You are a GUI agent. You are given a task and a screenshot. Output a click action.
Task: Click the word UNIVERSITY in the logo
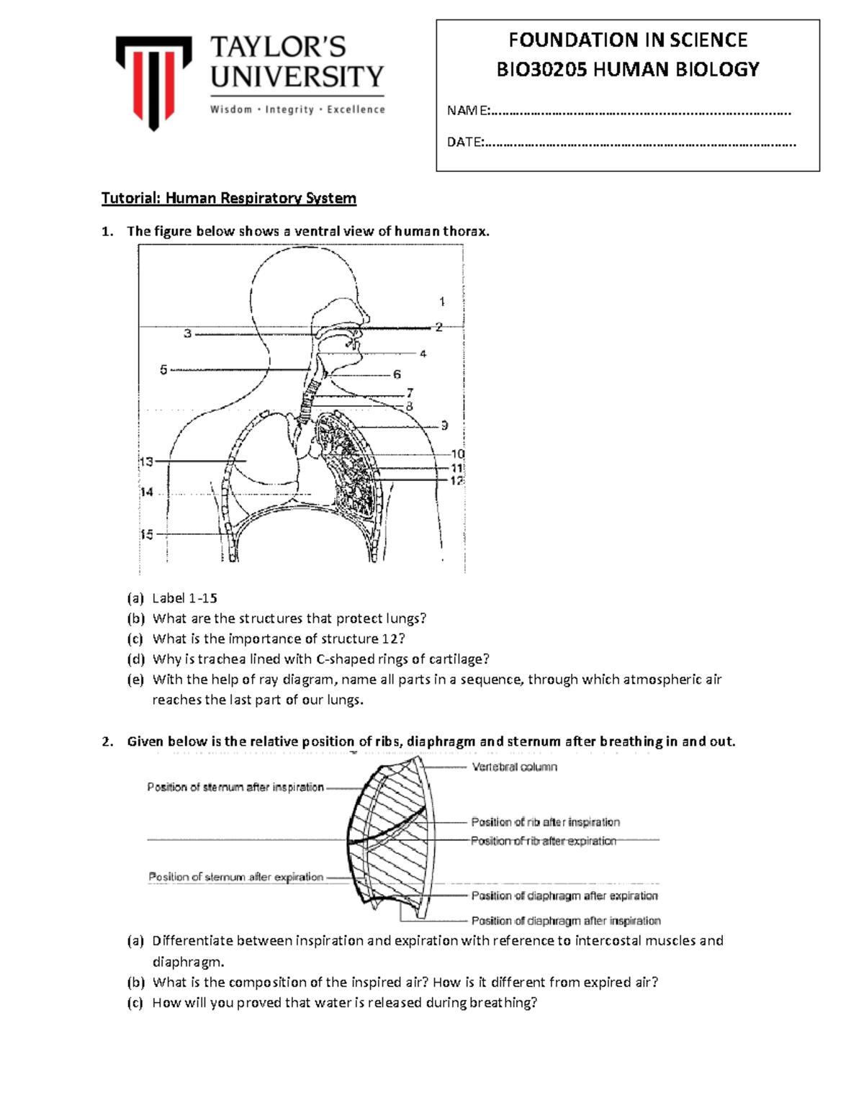[297, 76]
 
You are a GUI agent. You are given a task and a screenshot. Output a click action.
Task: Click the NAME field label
[467, 111]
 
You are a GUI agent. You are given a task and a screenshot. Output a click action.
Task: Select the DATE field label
[465, 142]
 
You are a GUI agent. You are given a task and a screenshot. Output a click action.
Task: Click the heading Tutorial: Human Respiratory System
[228, 198]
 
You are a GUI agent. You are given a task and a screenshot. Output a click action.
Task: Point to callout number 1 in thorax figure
[442, 302]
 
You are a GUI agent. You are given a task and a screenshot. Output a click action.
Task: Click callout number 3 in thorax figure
[187, 333]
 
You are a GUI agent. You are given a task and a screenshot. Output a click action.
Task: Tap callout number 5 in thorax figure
[163, 369]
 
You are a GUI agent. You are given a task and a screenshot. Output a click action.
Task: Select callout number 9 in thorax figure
[445, 425]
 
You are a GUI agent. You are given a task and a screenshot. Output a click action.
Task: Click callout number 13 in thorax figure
[146, 461]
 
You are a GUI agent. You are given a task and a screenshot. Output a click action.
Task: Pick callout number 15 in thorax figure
[146, 535]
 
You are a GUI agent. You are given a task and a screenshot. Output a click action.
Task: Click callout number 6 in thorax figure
[397, 374]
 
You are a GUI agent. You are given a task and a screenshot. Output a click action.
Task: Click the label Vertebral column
[514, 767]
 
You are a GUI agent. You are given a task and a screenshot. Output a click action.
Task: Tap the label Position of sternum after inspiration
[235, 788]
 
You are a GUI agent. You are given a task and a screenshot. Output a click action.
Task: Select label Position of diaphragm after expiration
[564, 896]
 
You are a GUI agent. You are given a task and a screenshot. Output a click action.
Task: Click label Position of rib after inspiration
[545, 822]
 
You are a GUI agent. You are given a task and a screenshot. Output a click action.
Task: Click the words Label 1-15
[184, 598]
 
